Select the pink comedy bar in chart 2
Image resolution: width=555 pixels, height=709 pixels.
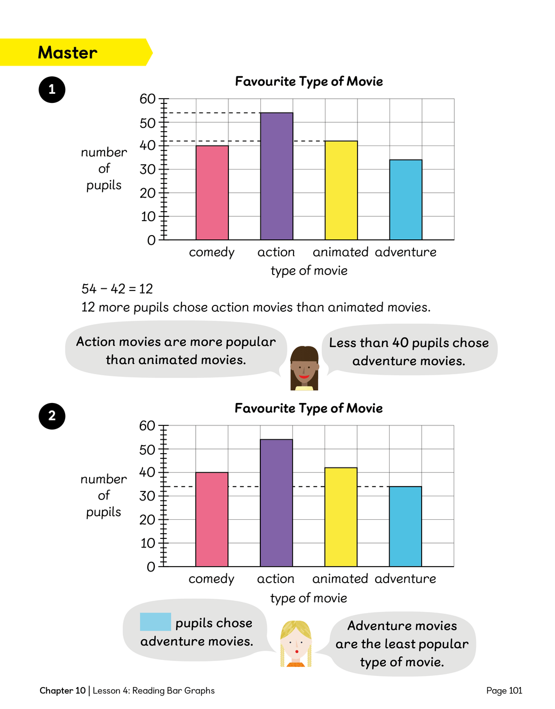(212, 519)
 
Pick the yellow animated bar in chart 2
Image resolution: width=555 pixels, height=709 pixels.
(341, 517)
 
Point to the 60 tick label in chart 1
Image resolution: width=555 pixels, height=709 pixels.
(147, 99)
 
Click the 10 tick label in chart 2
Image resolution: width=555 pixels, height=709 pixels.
(147, 543)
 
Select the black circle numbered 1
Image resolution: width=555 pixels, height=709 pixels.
(52, 90)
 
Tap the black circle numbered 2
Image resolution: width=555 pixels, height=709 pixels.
(52, 416)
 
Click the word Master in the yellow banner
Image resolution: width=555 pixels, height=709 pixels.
(68, 53)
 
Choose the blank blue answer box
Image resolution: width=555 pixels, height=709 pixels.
(155, 622)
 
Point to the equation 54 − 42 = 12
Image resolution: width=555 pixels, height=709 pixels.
(117, 289)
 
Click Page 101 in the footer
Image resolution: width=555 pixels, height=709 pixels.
(504, 690)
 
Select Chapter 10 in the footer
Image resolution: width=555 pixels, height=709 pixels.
(62, 690)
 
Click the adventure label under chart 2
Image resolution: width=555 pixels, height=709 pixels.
(405, 579)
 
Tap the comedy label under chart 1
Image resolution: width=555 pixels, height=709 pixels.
(212, 252)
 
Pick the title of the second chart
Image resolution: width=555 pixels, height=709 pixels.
(308, 408)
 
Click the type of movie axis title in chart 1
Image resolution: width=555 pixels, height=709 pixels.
(309, 271)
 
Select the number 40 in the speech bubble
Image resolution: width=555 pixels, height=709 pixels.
(400, 343)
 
